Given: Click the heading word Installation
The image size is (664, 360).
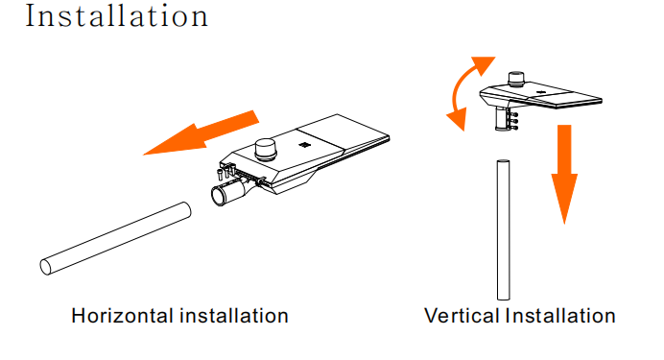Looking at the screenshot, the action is pos(117,16).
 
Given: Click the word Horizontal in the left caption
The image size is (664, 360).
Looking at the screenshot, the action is pos(123,316).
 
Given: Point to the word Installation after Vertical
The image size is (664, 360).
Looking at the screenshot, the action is pos(560,316).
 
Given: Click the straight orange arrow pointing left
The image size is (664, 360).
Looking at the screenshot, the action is pos(201,133).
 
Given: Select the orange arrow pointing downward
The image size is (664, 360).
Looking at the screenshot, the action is pos(564,174).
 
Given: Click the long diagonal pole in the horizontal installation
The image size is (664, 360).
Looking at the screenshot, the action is pos(115,238).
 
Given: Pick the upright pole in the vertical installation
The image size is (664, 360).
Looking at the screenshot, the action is pos(503,230).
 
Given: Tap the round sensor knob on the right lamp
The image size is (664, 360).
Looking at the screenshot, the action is pos(516,79).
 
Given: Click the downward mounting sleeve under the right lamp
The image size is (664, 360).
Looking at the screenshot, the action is pos(502,119).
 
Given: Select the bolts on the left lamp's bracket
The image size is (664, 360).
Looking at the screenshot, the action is pos(226,173).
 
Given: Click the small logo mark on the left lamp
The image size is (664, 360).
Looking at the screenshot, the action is pos(303,145).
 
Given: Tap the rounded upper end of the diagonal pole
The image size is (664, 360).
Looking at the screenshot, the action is pos(185,210).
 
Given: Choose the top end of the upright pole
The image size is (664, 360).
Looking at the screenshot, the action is pos(503,162).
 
